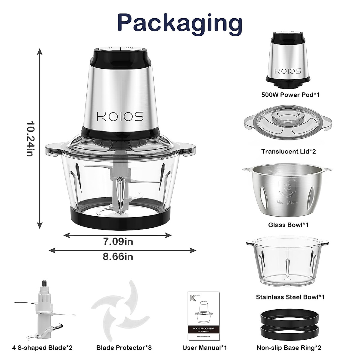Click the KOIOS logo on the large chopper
(120, 116)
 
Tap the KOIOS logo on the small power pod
(288, 71)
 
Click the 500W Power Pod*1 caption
(290, 95)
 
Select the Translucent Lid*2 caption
(289, 151)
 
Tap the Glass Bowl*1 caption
(289, 224)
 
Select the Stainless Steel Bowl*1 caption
(290, 297)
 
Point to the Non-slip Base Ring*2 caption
(289, 348)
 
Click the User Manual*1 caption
(205, 348)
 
